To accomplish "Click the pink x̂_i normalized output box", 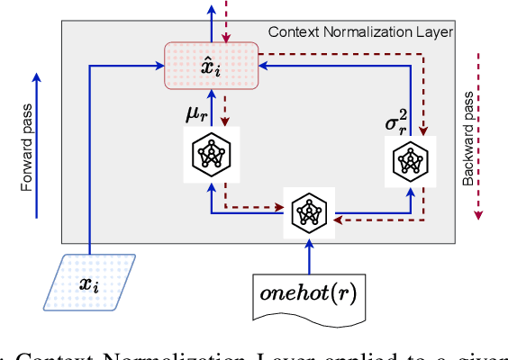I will click(210, 66).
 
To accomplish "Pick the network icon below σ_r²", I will click(411, 162).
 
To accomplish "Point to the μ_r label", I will click(197, 115).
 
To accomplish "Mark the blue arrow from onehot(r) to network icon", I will click(309, 256).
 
